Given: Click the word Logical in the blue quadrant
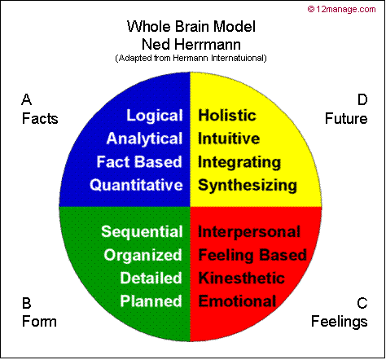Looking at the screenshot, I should click(154, 116).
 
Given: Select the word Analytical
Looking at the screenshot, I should click(144, 138).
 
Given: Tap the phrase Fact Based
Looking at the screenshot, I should click(139, 161).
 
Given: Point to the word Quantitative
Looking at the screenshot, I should click(136, 185).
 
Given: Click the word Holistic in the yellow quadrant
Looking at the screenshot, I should click(227, 116).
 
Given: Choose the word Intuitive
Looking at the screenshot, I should click(229, 138).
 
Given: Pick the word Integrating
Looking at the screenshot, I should click(239, 161).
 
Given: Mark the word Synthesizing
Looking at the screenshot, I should click(248, 185).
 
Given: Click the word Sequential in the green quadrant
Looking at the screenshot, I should click(142, 232).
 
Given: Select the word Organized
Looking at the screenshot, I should click(143, 255).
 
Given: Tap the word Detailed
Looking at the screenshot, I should click(151, 278).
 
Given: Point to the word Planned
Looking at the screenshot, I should click(151, 301).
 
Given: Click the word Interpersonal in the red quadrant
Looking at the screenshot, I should click(249, 232).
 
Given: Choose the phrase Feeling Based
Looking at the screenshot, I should click(252, 255).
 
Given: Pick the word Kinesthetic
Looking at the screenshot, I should click(242, 278).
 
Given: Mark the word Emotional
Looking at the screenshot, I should click(237, 301).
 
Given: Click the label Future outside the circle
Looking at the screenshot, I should click(346, 119).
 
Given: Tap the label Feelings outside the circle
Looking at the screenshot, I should click(340, 322).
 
